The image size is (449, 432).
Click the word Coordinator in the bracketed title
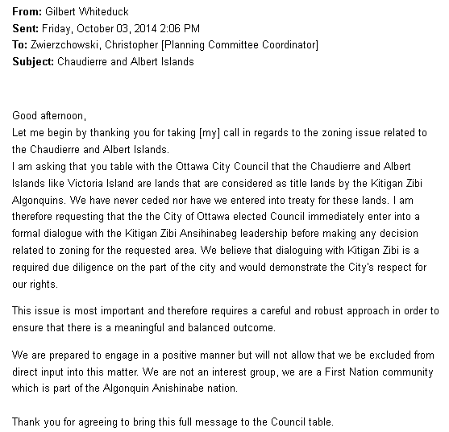pos(285,45)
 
